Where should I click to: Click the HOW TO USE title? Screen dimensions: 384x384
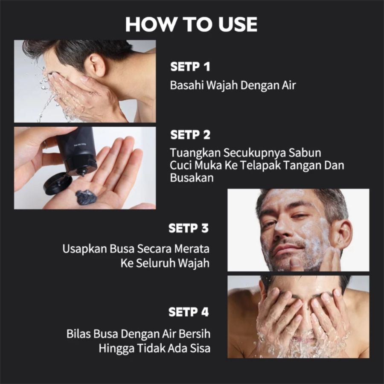click(x=191, y=24)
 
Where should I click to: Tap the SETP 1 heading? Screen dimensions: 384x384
click(x=190, y=67)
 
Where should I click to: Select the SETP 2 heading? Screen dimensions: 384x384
click(x=190, y=135)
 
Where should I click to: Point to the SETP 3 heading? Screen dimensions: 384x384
click(x=189, y=228)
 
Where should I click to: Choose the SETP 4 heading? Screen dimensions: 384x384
click(x=189, y=312)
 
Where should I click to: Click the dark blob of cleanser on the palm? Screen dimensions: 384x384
click(x=87, y=197)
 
